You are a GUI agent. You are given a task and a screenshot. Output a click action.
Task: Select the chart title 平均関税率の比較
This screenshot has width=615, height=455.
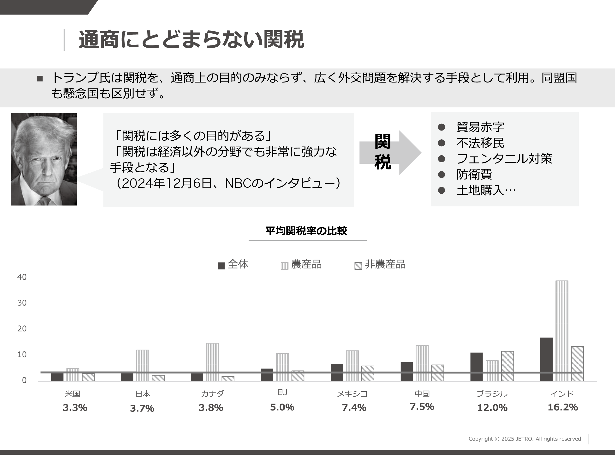point(306,231)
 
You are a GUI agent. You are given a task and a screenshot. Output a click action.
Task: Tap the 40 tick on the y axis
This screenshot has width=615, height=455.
point(22,277)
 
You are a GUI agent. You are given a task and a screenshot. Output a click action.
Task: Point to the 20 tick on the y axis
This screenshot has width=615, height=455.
point(22,329)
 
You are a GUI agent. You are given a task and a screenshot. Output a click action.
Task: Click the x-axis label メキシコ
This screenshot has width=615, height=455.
point(352,394)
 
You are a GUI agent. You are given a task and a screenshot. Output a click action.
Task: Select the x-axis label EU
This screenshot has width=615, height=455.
point(282,393)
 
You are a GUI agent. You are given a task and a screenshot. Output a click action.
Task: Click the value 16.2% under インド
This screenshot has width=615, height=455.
point(562,407)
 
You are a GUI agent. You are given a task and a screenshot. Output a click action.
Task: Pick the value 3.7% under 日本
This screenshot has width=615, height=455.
point(142,408)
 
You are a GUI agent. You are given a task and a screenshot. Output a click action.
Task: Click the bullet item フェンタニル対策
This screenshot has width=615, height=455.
point(504,159)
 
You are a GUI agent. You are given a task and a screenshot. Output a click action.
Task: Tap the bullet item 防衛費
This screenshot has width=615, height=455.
point(474,174)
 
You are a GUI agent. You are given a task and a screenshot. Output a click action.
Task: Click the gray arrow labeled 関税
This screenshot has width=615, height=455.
point(390,152)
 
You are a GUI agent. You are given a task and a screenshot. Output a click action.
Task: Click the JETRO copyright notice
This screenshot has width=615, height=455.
point(525,439)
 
